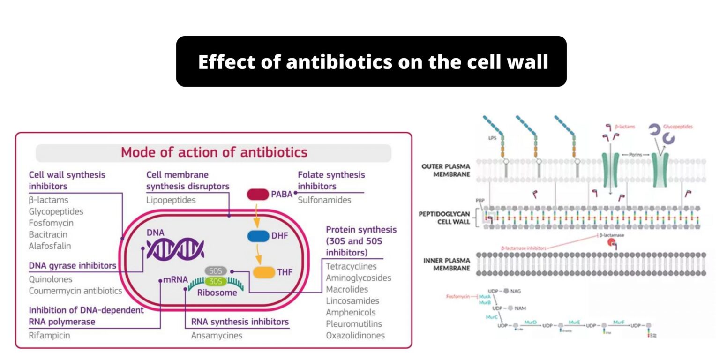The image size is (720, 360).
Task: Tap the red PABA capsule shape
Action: click(258, 194)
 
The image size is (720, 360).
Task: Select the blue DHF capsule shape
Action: click(258, 236)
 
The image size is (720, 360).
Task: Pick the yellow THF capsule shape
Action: click(263, 272)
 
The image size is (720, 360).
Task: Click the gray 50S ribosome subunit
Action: click(216, 271)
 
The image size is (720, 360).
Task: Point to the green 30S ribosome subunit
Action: click(216, 281)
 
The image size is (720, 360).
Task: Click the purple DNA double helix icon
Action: click(175, 247)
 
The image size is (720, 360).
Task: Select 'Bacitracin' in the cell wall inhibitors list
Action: click(48, 234)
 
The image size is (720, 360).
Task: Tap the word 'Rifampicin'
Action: click(49, 335)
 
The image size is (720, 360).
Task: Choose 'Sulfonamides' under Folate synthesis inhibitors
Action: click(324, 200)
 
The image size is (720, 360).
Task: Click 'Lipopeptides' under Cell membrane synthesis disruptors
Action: click(171, 200)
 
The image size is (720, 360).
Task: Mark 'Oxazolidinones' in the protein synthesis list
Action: click(355, 335)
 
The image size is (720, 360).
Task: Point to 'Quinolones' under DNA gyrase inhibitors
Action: click(51, 279)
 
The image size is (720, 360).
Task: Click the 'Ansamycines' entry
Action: click(217, 335)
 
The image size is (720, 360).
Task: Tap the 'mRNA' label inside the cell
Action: click(175, 280)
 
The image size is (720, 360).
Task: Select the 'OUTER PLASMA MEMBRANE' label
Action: click(446, 171)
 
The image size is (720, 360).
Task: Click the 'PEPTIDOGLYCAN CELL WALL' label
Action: click(444, 218)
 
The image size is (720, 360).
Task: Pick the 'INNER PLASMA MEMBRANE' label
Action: click(446, 264)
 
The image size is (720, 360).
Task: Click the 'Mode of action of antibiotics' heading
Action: click(214, 152)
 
